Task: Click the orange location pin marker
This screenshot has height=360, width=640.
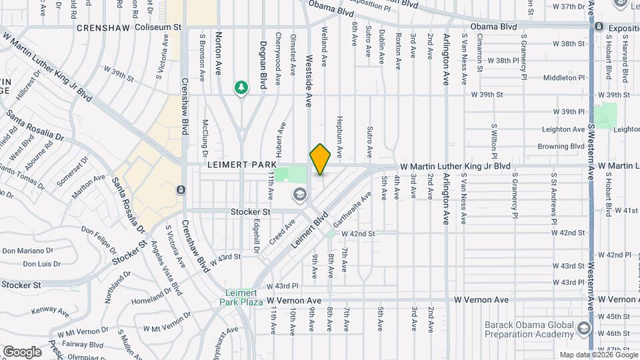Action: [320, 159]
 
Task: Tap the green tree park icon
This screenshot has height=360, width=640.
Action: [241, 87]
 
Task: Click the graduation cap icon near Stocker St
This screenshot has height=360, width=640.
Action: [299, 195]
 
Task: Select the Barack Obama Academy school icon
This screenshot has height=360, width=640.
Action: [584, 328]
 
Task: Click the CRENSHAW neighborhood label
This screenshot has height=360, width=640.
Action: [103, 28]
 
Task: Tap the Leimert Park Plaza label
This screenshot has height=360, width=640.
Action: [241, 297]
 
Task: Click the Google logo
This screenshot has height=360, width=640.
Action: [22, 351]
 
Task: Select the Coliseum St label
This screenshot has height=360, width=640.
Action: [158, 27]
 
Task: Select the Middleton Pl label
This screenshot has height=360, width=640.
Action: [563, 77]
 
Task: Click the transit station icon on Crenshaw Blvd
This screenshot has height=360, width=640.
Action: [181, 190]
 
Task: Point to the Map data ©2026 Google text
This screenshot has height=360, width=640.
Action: [598, 355]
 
